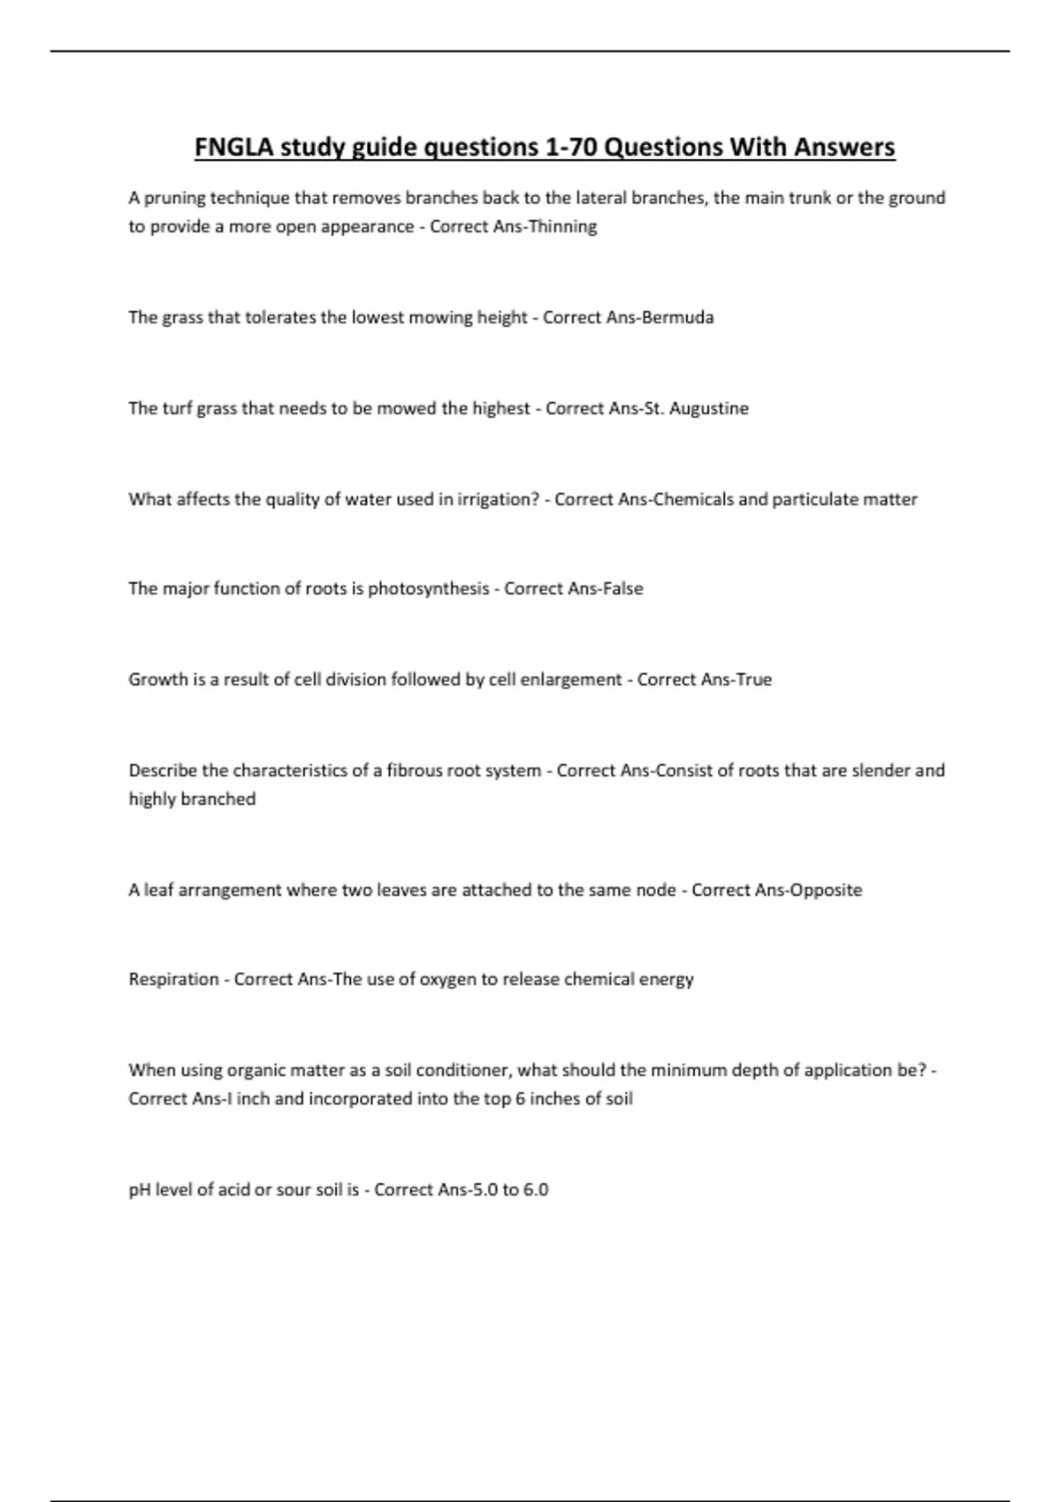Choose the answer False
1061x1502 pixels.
tap(622, 588)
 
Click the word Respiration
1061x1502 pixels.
tap(173, 979)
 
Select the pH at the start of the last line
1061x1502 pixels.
tap(140, 1190)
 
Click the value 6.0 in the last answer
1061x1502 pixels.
tap(536, 1190)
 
